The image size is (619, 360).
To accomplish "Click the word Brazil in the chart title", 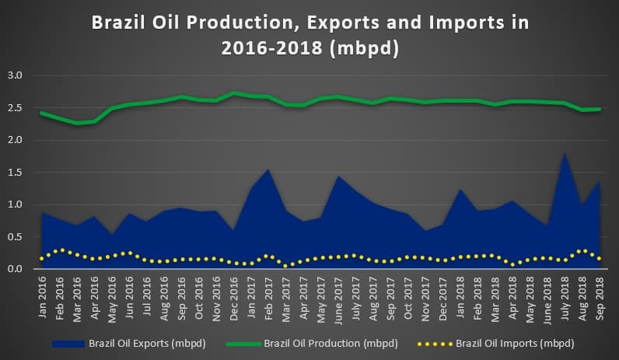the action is pos(118,22).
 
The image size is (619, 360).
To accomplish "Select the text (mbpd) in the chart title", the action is pos(364,48).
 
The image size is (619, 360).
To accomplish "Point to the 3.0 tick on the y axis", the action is pos(15,75).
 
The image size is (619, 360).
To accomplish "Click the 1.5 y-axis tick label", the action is pos(15,172).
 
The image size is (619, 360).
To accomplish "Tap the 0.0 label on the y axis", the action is pos(15,269).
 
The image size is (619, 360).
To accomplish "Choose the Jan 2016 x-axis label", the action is pos(42,297).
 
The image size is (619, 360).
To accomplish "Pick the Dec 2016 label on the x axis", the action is pos(234,299).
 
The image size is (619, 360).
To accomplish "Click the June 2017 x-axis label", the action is pos(338,300).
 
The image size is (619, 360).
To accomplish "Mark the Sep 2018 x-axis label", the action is pos(600,299).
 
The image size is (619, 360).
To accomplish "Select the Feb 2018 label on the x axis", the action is pos(477,298).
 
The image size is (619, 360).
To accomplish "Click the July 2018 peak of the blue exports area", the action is pos(565,152).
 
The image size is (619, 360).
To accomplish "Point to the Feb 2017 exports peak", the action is pos(268,170).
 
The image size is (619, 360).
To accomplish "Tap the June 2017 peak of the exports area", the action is pos(338,176).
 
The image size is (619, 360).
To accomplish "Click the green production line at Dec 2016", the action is pos(234,93).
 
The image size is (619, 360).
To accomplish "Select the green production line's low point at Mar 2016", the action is pos(77,123).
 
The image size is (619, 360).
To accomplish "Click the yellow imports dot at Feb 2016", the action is pos(62,250).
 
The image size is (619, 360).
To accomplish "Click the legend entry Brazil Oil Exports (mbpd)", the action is pos(128,344).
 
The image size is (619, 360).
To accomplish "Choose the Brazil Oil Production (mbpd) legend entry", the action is pos(312,344).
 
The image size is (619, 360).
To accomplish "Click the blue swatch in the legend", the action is pos(68,344).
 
